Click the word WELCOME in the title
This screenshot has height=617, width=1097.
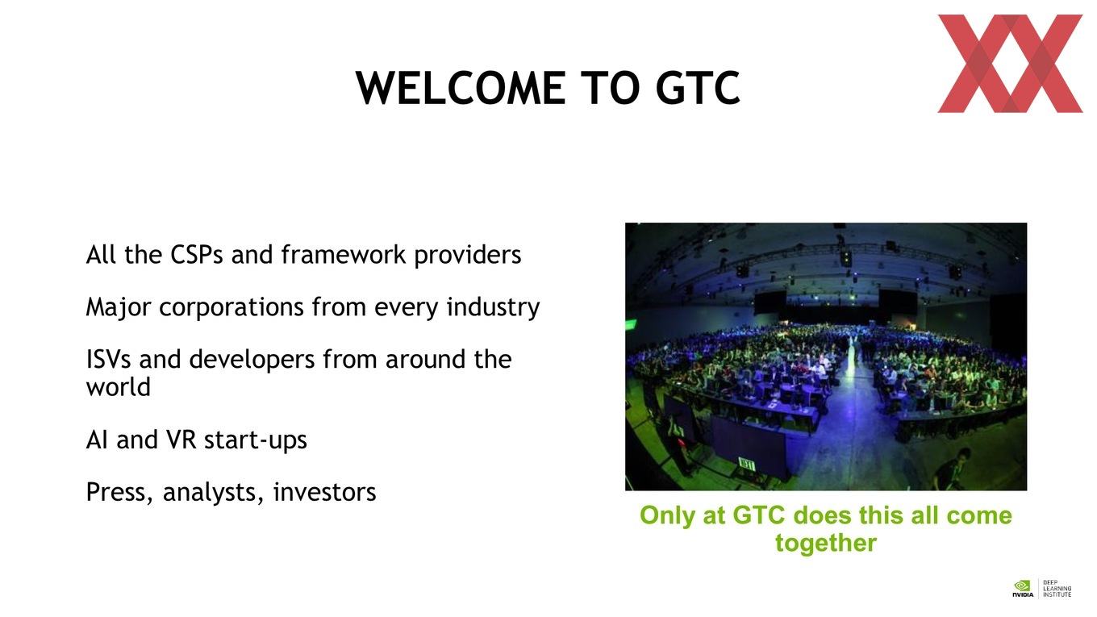(x=461, y=88)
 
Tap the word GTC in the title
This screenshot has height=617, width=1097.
(x=698, y=88)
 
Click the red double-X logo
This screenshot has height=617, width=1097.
(x=1010, y=64)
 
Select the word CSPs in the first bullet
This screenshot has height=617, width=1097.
(x=196, y=255)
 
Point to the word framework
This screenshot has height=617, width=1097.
(x=344, y=255)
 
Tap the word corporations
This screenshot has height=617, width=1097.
(x=231, y=307)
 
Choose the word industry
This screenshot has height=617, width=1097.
(x=493, y=307)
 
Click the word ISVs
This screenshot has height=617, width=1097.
(x=109, y=360)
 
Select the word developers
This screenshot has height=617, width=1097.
(x=252, y=360)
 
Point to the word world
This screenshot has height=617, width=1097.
(x=118, y=387)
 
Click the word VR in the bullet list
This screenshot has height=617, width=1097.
(x=181, y=440)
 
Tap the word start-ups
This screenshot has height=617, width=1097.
(x=256, y=440)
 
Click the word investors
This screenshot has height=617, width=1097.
(x=325, y=492)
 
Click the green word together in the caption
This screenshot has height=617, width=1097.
(x=826, y=544)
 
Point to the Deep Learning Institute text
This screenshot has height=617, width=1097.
(x=1057, y=589)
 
